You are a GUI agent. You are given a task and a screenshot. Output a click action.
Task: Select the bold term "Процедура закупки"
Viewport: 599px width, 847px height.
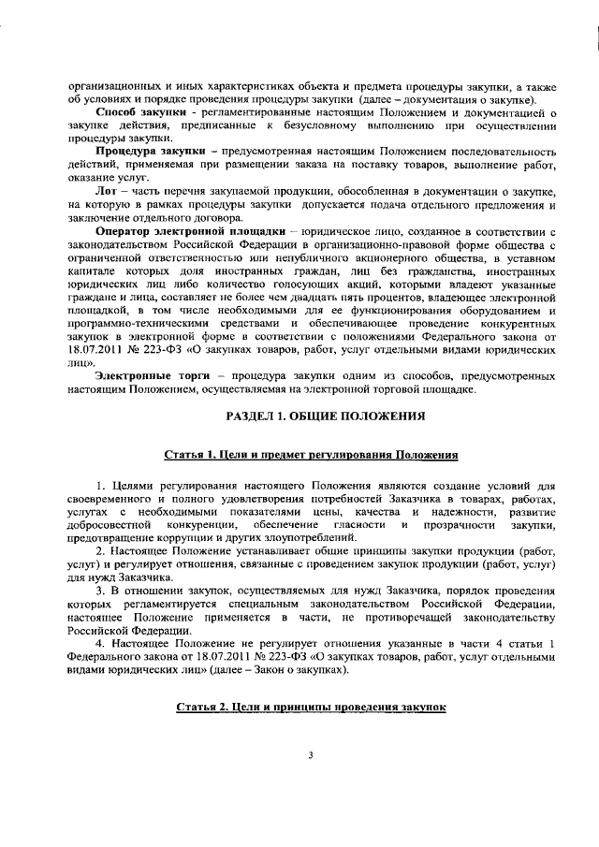click(x=139, y=150)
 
